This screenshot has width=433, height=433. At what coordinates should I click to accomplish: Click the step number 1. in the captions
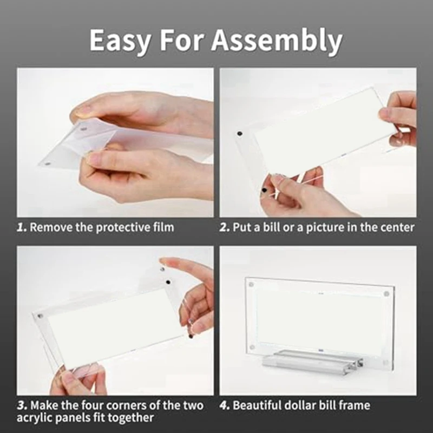22,227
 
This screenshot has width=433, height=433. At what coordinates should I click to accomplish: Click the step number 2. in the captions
225,227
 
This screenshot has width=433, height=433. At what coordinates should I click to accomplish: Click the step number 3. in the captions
22,405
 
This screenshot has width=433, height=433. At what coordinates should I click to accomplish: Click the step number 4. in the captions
225,405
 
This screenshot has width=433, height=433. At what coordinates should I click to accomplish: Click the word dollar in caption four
302,405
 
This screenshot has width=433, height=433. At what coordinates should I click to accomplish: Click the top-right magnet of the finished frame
386,293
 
